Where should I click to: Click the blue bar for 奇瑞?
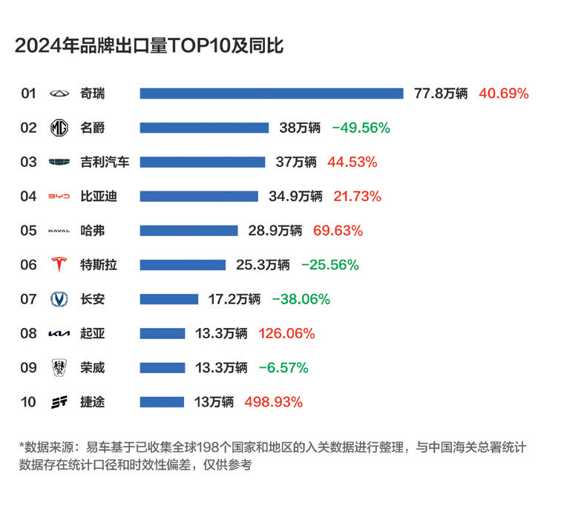pos(272,93)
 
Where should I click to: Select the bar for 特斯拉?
pos(183,265)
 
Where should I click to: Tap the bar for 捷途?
pos(162,402)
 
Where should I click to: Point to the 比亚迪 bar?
pos(199,197)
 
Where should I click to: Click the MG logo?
pos(59,128)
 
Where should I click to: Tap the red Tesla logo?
pos(59,265)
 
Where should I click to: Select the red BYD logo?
pos(59,197)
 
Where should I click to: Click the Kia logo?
pos(59,333)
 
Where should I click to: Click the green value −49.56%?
pos(361,128)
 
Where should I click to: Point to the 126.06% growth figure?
pos(286,333)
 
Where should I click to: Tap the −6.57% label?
pos(283,368)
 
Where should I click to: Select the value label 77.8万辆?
pos(441,93)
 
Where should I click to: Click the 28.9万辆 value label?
pos(275,231)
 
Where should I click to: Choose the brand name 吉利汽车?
pos(105,162)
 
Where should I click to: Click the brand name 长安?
pos(93,299)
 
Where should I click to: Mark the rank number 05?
pos(28,231)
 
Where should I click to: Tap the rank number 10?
pos(28,402)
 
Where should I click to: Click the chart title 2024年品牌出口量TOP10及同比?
pos(149,46)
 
